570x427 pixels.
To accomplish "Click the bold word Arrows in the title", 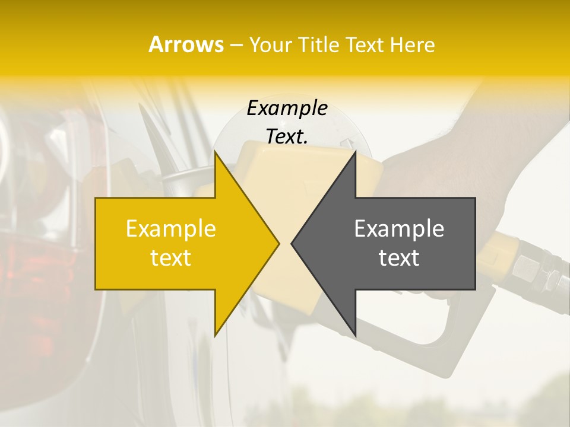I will (x=186, y=45).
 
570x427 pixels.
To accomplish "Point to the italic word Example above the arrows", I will (x=287, y=109).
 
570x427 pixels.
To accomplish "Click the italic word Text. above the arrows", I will (x=287, y=136).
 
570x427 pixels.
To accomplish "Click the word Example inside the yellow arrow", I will (x=171, y=229).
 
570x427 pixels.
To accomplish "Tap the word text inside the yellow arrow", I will (x=171, y=258).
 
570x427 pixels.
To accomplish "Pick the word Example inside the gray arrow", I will (x=399, y=229).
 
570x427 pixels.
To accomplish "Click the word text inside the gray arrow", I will (x=399, y=258).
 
